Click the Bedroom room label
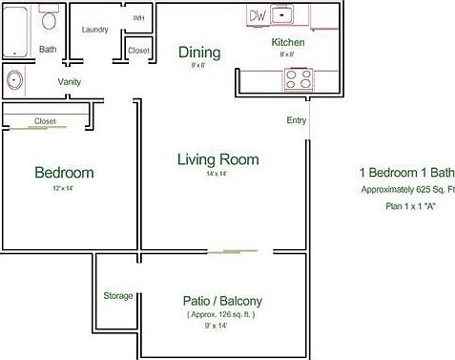(x=64, y=173)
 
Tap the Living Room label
(x=218, y=159)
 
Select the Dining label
(x=199, y=53)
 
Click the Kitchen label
(x=288, y=42)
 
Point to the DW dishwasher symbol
(x=258, y=15)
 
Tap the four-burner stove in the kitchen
(x=297, y=80)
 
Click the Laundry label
(x=94, y=30)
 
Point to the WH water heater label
(x=138, y=18)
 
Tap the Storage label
(x=118, y=296)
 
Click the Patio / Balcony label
(x=222, y=300)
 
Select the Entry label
(x=296, y=120)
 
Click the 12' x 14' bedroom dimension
(x=63, y=189)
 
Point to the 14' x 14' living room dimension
(x=217, y=175)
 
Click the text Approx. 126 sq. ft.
(x=220, y=314)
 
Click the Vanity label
(x=69, y=82)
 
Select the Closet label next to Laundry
(x=138, y=50)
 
